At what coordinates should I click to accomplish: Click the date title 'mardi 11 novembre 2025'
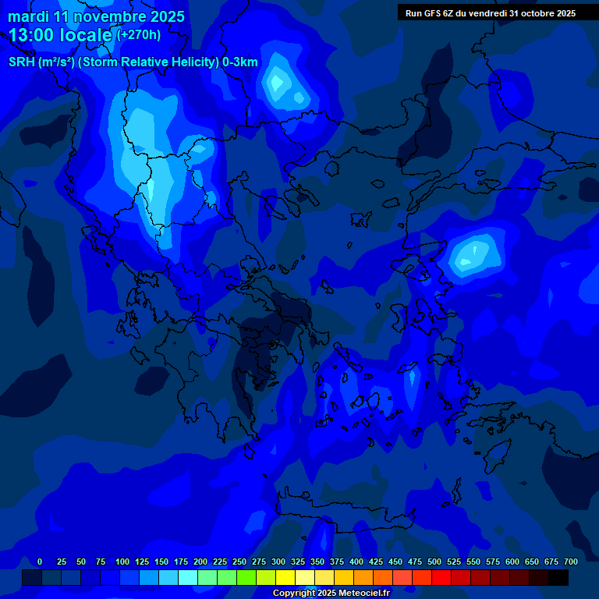click(97, 16)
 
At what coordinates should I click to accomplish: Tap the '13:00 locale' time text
click(61, 35)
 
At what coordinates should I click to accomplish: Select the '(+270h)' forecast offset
click(139, 35)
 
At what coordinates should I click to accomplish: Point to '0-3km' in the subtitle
click(240, 62)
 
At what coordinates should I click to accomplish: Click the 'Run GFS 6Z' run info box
click(491, 12)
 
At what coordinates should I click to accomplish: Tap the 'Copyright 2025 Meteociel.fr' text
click(331, 593)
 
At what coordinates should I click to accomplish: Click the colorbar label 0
click(40, 562)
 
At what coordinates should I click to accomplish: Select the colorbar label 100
click(122, 562)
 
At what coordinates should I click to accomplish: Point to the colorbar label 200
click(200, 562)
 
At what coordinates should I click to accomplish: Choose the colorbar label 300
click(278, 562)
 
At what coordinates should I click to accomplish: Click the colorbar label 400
click(356, 562)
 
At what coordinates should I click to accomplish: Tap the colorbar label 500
click(434, 562)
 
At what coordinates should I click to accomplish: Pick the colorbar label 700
click(570, 562)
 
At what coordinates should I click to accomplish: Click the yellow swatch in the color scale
click(285, 578)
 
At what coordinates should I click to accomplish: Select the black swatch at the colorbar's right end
click(558, 578)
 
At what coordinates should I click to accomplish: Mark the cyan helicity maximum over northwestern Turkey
click(473, 254)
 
